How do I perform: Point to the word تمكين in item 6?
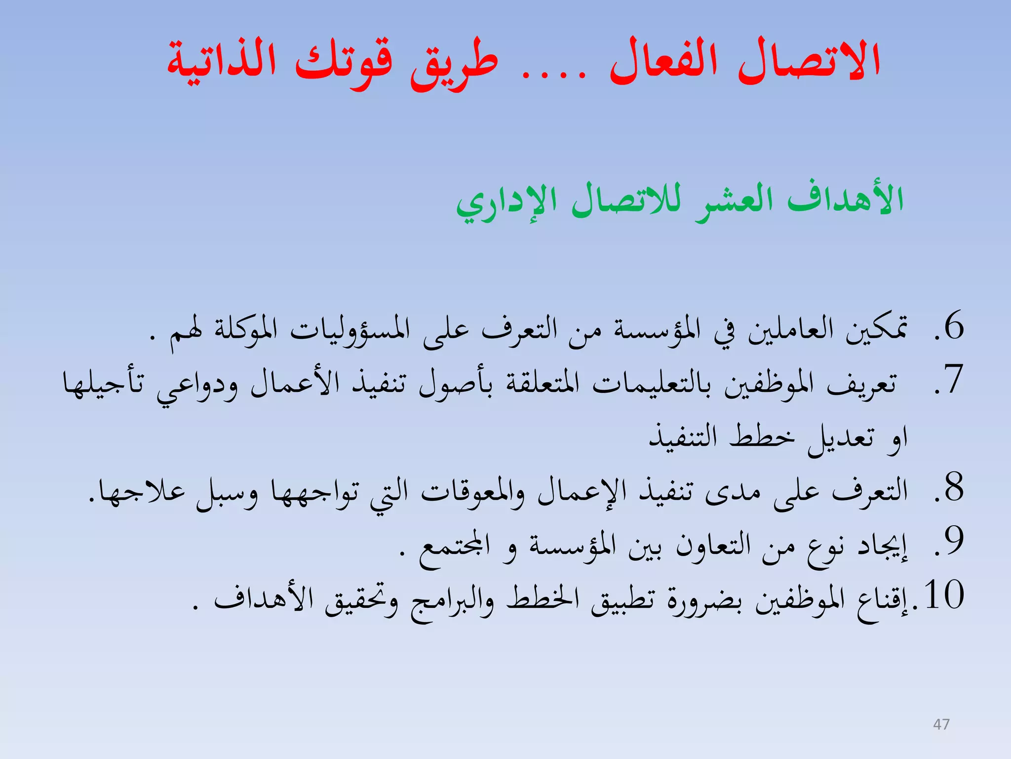[877, 329]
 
